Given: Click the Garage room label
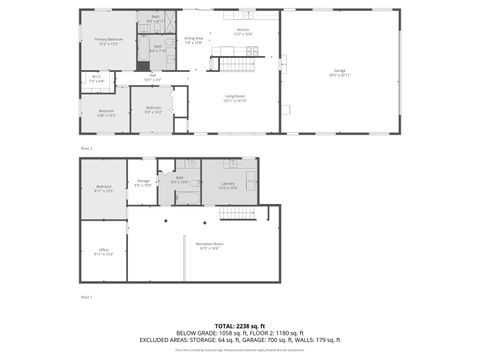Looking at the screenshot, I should click(339, 72).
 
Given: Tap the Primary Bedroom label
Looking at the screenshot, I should click(108, 42).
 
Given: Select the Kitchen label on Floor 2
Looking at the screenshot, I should click(243, 32).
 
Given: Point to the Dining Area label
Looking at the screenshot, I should click(193, 40).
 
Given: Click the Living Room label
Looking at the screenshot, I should click(235, 98).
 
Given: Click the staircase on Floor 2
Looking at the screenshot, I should click(235, 63).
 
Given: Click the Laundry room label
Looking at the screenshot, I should click(227, 185).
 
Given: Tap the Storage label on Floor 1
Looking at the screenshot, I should click(144, 183).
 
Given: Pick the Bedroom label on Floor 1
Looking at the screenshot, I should click(104, 188).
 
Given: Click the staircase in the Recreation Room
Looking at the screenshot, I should click(236, 212).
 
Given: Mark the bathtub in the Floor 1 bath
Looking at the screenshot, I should click(188, 197).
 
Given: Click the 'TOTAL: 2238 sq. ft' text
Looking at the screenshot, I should click(240, 326).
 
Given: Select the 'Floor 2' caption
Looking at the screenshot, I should click(86, 149).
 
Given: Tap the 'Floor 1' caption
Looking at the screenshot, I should click(86, 297).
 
